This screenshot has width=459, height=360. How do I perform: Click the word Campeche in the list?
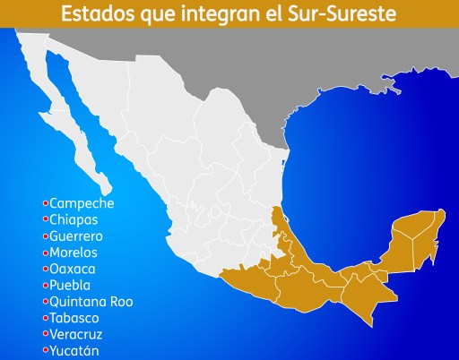pos(82,203)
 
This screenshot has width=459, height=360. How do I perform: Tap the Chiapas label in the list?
pos(74,219)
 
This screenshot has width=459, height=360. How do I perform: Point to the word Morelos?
pos(74,253)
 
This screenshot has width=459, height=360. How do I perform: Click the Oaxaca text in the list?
pos(73,269)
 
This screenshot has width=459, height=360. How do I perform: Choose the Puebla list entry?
pos(71,285)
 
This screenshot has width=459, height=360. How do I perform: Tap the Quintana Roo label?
pos(91,302)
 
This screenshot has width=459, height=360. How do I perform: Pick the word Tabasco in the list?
pos(75,318)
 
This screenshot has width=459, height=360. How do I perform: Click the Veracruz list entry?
pos(77,334)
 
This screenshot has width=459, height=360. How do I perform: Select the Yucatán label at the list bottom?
pos(74,350)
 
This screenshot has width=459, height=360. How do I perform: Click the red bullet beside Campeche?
pos(45,203)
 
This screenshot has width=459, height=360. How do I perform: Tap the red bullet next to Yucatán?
pos(45,350)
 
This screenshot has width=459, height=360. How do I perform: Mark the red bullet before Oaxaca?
pos(45,269)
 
